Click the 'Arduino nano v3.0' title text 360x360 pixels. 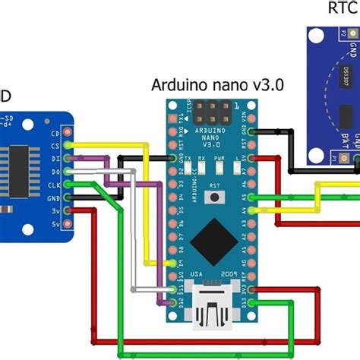217,85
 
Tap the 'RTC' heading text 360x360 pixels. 340,8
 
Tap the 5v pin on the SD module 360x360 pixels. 69,225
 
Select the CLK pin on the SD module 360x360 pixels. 69,185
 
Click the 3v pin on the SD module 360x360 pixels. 69,211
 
